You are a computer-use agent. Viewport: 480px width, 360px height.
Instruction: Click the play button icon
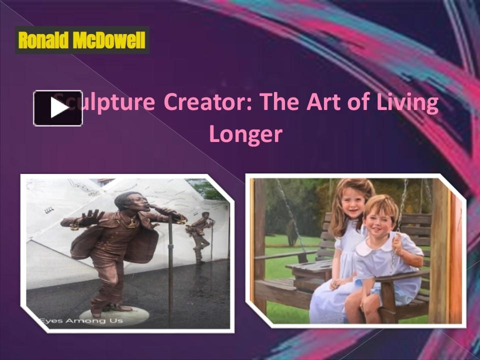58,108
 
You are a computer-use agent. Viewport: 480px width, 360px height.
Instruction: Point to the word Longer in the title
245,133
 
